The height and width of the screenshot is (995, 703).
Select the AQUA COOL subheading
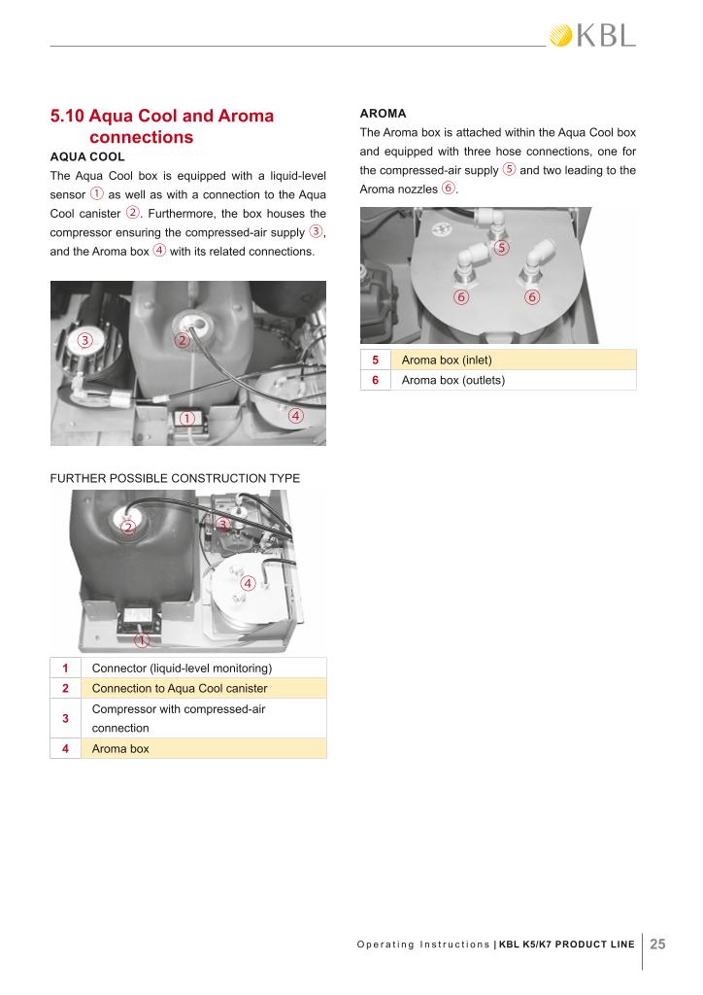point(86,155)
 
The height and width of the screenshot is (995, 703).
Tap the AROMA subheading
point(383,114)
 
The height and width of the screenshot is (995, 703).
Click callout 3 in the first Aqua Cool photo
point(85,340)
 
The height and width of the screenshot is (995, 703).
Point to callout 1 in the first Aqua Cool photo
point(187,418)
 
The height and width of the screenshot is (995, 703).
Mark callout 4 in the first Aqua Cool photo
point(296,416)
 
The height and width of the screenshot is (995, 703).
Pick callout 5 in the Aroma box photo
point(501,248)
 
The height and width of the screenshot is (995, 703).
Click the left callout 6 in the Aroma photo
point(462,296)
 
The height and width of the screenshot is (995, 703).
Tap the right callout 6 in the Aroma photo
point(532,296)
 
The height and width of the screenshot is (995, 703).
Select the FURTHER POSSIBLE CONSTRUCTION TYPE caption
point(175,478)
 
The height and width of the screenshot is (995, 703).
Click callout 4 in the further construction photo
point(248,584)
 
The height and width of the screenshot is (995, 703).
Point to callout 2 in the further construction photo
point(128,528)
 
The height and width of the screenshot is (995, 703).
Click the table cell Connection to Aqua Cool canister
point(179,689)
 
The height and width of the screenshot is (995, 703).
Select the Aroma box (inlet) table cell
point(447,360)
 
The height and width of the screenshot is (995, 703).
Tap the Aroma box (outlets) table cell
point(452,380)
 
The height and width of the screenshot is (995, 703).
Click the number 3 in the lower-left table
point(65,718)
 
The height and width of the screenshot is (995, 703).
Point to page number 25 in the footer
point(657,944)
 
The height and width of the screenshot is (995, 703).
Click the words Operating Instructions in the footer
point(423,944)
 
